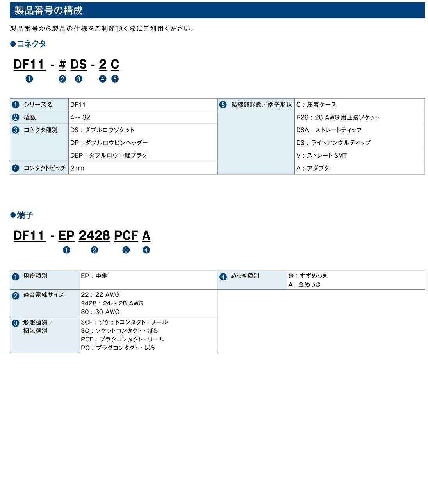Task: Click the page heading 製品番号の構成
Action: click(48, 11)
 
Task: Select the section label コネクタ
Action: click(31, 44)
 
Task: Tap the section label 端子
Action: click(25, 215)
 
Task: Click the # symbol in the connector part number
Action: click(62, 65)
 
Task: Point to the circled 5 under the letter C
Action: click(115, 79)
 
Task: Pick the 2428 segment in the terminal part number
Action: click(94, 235)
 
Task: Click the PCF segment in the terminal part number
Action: click(126, 235)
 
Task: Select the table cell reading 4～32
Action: click(80, 117)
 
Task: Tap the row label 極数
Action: click(30, 117)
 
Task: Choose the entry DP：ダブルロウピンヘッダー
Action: click(109, 143)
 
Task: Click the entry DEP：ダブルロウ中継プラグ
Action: click(109, 155)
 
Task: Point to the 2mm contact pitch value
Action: click(77, 168)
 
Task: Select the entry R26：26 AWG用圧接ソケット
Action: click(337, 117)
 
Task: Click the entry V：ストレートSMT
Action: click(321, 155)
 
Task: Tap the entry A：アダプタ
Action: click(313, 168)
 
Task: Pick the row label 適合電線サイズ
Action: click(44, 294)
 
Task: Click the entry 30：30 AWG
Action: click(100, 312)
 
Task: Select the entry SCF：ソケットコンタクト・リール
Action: click(124, 322)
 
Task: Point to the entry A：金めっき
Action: click(305, 284)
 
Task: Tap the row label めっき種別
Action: click(245, 276)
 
